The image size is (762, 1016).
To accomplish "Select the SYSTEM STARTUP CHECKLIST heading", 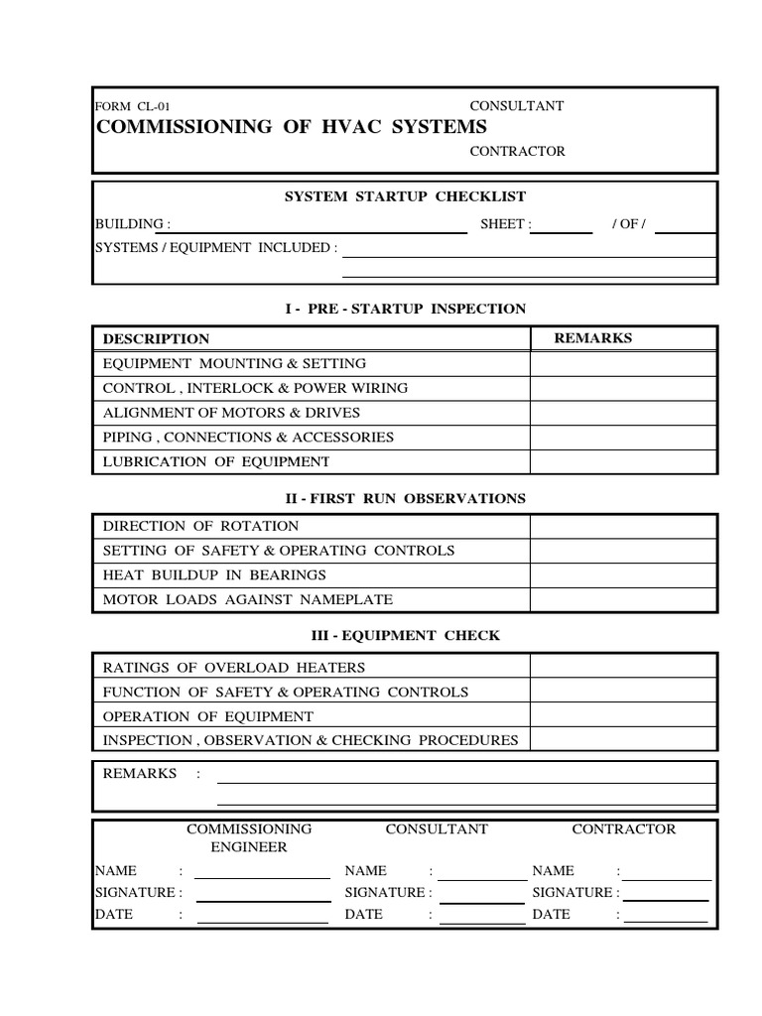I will point(405,196).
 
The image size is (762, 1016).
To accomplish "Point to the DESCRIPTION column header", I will point(157,338).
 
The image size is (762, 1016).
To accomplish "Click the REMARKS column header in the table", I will point(592,338).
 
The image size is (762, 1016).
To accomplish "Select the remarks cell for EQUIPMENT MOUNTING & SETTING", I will point(622,363).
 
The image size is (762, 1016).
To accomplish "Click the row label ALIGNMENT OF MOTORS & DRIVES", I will point(231,413).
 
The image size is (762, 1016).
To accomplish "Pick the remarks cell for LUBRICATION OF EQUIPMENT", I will point(622,461).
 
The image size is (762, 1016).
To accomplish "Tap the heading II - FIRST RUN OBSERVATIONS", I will point(405,498).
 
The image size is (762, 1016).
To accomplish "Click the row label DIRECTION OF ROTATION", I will point(200,526).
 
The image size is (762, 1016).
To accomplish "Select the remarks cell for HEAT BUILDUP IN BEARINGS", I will point(622,574).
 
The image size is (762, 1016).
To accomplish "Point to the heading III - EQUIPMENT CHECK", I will point(405,635).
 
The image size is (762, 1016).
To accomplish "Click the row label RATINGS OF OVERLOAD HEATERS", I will point(234,668).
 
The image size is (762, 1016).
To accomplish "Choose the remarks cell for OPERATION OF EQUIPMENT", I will point(622,716).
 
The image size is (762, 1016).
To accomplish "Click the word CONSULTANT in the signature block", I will point(437,828).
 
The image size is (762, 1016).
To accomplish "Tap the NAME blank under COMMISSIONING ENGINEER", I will point(263,873).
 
